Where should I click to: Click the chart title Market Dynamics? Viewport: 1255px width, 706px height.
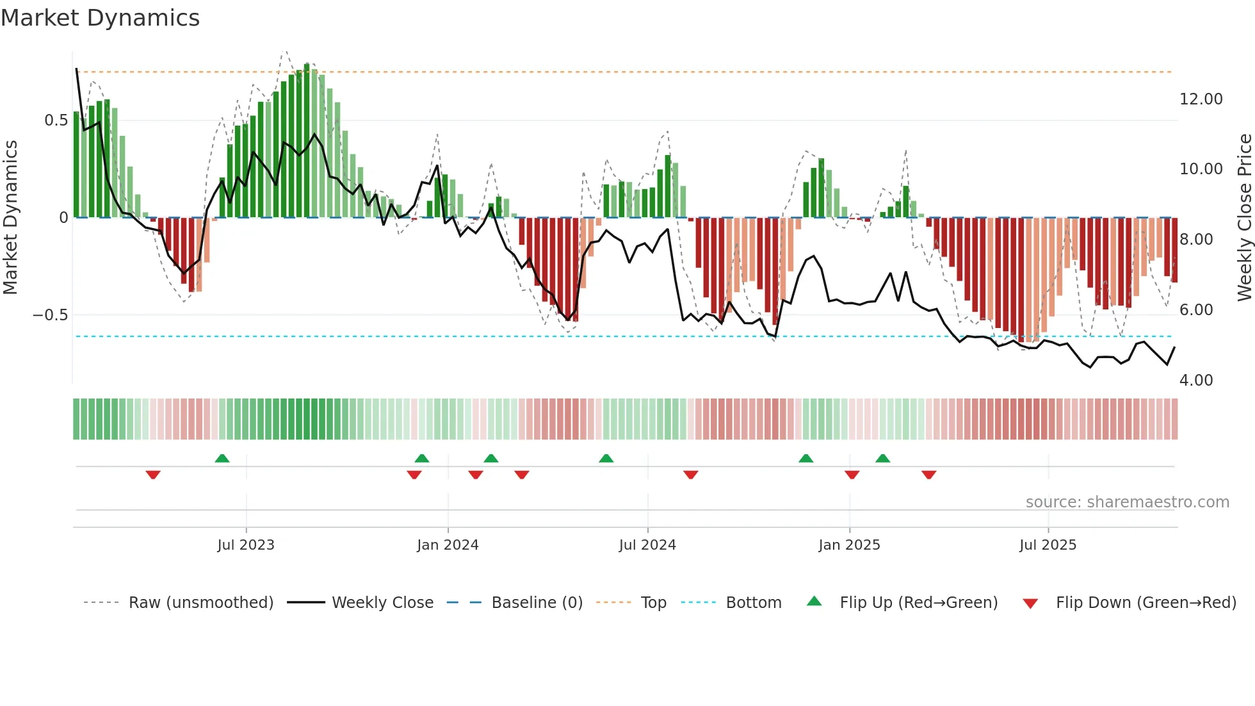click(x=100, y=18)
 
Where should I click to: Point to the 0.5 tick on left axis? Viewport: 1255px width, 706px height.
click(x=56, y=120)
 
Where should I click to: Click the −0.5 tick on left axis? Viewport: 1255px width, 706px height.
click(x=50, y=315)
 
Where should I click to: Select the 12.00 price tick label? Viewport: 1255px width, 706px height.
click(x=1201, y=99)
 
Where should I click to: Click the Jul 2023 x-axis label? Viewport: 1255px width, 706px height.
click(x=246, y=545)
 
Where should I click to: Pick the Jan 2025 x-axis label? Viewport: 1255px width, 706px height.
click(x=849, y=545)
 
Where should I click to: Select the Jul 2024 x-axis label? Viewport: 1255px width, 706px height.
click(x=647, y=545)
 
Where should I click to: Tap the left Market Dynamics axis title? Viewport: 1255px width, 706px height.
click(x=10, y=218)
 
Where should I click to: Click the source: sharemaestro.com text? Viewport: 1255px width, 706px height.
click(x=1127, y=502)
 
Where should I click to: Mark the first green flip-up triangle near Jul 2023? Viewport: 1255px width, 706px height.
click(x=222, y=459)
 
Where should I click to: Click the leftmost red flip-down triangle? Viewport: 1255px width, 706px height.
click(x=153, y=475)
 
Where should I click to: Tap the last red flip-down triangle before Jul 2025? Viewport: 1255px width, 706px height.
click(x=929, y=475)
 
